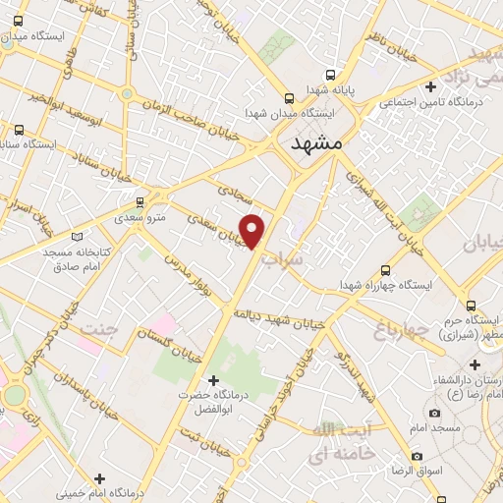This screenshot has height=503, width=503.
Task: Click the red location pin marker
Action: click(253, 230)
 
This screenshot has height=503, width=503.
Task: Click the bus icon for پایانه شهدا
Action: click(330, 75)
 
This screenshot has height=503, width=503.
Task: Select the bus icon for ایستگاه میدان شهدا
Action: click(288, 98)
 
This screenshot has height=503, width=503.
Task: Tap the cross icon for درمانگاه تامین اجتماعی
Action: click(429, 87)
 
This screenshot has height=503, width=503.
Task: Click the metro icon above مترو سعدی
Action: click(140, 200)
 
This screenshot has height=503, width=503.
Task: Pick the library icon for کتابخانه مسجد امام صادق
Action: click(79, 235)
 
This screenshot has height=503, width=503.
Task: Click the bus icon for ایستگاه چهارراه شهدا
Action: click(385, 269)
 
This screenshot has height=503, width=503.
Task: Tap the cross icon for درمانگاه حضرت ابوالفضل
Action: click(213, 380)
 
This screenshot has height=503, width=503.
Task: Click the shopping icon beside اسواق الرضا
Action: click(418, 457)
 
